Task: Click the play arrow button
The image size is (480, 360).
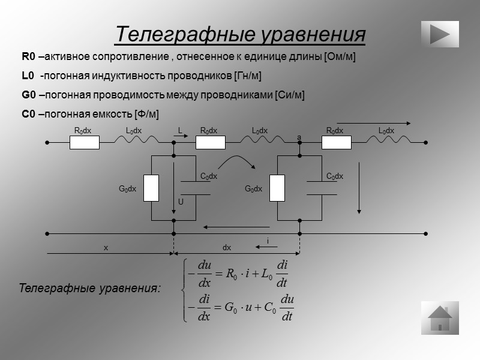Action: tap(440, 34)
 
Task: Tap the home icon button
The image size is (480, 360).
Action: tap(440, 317)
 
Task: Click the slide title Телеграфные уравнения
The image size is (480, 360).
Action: tap(240, 34)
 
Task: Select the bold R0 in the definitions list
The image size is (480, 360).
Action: tap(28, 57)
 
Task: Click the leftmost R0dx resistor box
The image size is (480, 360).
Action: tap(85, 143)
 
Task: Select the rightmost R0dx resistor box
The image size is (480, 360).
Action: tap(337, 143)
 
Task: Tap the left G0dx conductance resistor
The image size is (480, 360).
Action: tap(152, 188)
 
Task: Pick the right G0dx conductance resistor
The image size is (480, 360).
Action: tap(277, 188)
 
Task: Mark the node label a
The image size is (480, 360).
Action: tap(299, 138)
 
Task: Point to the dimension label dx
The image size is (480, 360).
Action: tap(227, 247)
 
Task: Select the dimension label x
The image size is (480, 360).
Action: tap(106, 247)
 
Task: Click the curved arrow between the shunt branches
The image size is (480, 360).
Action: tap(238, 163)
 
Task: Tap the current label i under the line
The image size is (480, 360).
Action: tap(268, 241)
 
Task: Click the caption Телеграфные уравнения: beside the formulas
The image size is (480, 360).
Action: tap(90, 289)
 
